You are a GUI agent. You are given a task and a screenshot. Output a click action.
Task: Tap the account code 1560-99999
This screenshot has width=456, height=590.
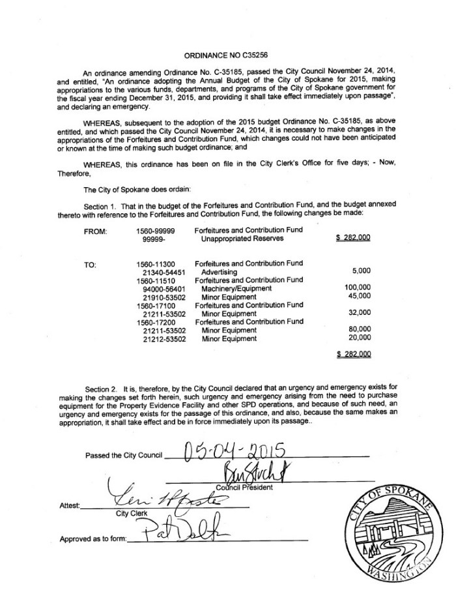156,231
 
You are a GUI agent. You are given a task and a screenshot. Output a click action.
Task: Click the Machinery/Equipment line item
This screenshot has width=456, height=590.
236,288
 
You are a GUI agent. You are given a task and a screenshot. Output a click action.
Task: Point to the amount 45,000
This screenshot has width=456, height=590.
359,296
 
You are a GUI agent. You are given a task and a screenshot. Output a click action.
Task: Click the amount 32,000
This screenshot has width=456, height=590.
359,313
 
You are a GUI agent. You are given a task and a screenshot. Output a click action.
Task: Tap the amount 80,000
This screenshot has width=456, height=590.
359,330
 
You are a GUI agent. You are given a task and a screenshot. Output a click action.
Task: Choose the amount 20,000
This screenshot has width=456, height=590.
359,338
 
